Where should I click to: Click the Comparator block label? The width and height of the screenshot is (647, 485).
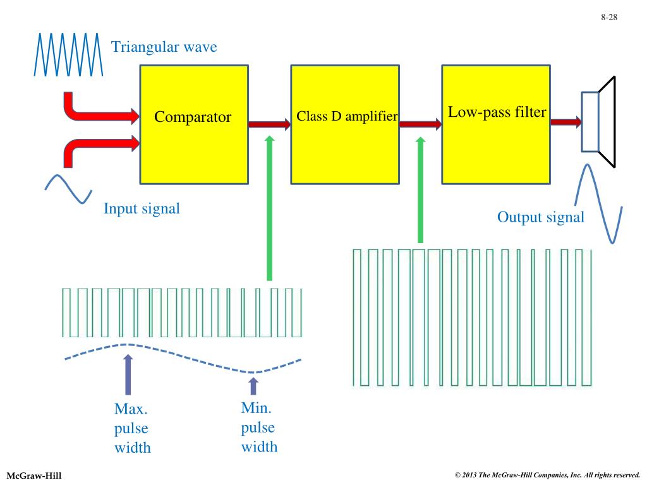[x=193, y=117]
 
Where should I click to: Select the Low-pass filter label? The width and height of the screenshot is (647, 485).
[x=497, y=112]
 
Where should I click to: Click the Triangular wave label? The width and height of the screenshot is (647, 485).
[x=164, y=47]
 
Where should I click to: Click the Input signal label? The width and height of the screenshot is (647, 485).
[x=142, y=208]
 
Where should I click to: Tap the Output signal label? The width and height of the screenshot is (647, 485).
[x=541, y=217]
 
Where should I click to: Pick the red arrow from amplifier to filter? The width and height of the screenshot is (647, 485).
[x=420, y=124]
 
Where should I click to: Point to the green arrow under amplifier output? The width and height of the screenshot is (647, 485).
[x=420, y=189]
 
